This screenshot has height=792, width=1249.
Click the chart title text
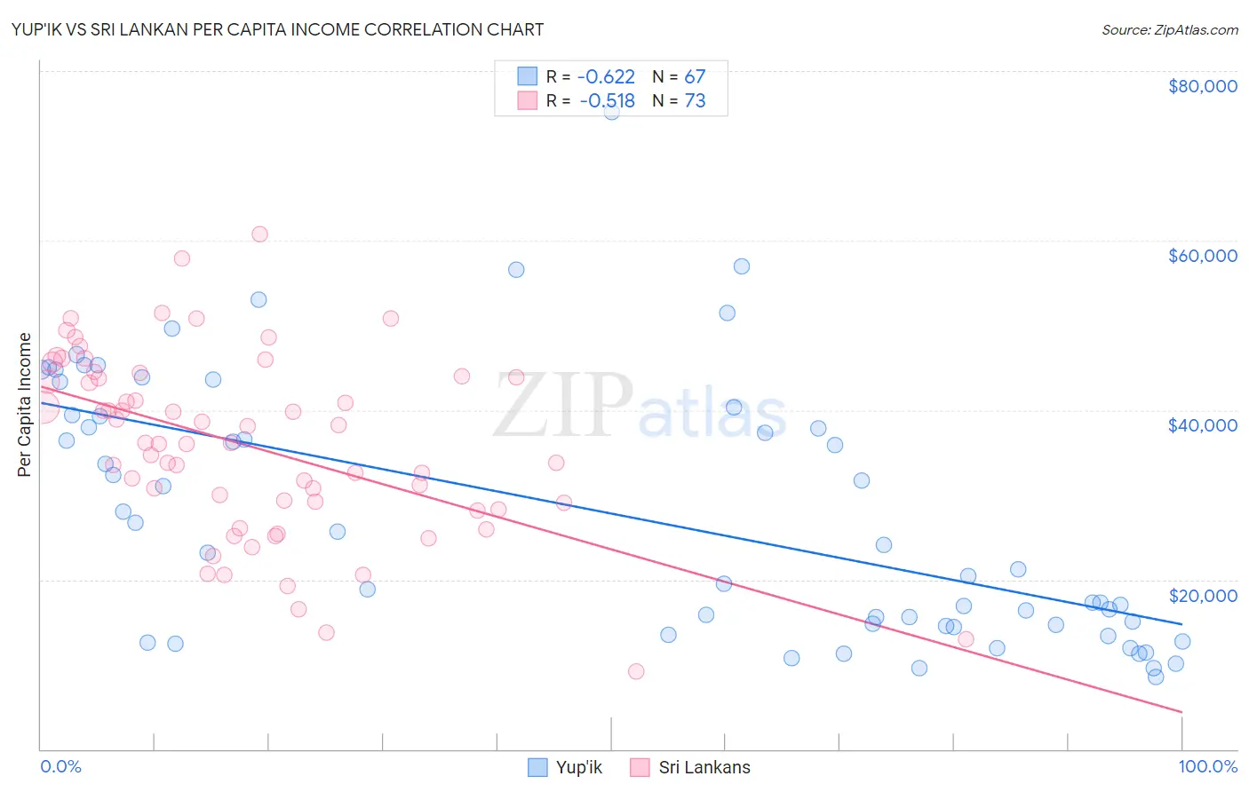coord(277,29)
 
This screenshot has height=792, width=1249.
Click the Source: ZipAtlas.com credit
coord(1169,30)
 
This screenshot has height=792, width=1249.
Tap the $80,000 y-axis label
coord(1202,86)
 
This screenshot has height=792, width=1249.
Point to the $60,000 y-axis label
coord(1202,256)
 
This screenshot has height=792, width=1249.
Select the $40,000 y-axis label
coord(1202,425)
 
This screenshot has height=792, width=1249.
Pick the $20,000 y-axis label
coord(1202,596)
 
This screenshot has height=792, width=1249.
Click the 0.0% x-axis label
coord(60,766)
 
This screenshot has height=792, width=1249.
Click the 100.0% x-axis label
coord(1207,766)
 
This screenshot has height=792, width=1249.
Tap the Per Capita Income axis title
coord(25,405)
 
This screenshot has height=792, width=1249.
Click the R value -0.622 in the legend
coord(605,77)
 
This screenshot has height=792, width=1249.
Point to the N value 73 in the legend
coord(695,101)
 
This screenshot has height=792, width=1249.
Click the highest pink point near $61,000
coord(259,234)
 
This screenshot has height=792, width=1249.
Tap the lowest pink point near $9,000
coord(636,671)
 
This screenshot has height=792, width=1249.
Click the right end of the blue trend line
coord(1181,624)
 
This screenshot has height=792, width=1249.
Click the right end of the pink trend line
coord(1181,712)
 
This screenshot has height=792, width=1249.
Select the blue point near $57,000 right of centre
coord(741,266)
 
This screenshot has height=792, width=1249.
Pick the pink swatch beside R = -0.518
coord(528,100)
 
